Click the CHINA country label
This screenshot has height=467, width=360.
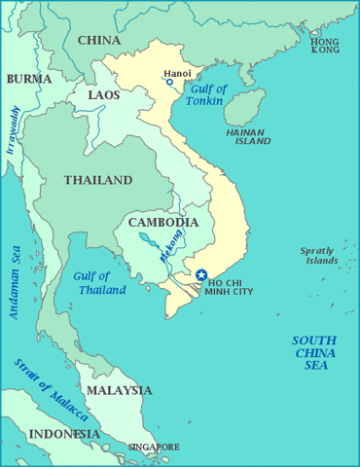point(98,40)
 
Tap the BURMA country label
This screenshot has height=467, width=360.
point(29,79)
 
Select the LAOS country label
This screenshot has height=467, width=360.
point(104,95)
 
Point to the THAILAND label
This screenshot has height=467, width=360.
point(97,180)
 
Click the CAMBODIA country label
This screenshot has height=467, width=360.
point(162,223)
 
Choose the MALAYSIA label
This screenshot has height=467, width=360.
point(119,390)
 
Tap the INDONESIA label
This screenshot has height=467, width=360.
point(64,433)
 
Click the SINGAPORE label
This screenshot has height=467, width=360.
point(153,448)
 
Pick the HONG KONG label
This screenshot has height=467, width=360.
point(325,46)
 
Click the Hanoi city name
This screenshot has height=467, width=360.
point(177,72)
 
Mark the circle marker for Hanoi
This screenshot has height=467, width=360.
point(169,83)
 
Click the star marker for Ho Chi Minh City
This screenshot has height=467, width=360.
point(201,275)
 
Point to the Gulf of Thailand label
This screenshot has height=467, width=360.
point(99,283)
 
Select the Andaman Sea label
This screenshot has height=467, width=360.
point(15,281)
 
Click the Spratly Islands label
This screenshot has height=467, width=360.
point(318,256)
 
